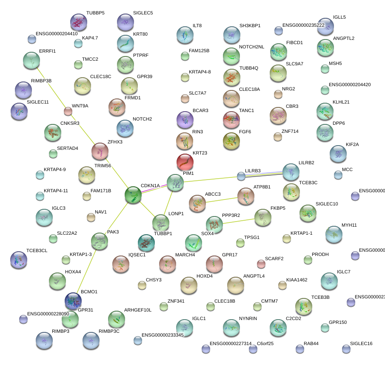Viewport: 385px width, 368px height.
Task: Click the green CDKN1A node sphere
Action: (133, 194)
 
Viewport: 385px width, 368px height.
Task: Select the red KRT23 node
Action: (185, 162)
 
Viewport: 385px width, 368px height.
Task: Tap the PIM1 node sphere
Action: (175, 182)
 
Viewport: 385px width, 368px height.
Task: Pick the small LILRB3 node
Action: (241, 176)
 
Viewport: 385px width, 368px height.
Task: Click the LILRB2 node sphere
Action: (291, 172)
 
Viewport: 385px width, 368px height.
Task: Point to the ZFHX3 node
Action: (100, 151)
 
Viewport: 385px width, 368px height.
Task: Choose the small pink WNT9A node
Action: (68, 112)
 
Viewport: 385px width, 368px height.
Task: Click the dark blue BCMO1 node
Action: (73, 301)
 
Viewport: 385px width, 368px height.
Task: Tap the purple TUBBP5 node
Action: (78, 22)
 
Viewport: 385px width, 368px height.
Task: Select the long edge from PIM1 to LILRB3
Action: (208, 179)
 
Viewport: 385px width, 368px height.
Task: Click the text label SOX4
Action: (207, 234)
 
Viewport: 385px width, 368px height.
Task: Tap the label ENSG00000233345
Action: (163, 335)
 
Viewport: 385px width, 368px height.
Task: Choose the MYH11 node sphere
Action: (334, 234)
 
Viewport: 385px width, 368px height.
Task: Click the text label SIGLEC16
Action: (361, 343)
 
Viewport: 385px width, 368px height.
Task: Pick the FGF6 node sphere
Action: (231, 141)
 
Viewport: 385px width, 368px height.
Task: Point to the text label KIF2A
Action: (352, 145)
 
